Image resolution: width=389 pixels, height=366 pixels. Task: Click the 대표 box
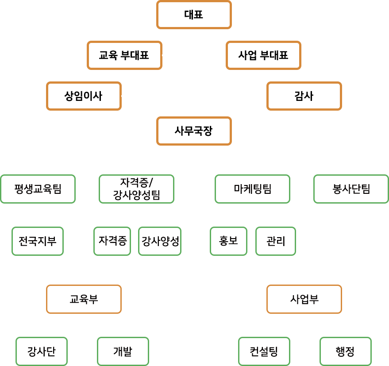[194, 15]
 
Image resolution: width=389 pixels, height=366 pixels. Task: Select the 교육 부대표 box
[124, 55]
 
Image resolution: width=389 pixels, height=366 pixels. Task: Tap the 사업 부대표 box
[263, 55]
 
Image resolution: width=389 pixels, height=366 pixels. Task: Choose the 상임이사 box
[84, 96]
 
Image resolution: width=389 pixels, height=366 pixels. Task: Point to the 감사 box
[304, 96]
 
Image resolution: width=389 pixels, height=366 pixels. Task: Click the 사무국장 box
[194, 131]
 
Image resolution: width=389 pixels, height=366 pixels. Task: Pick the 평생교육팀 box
[38, 189]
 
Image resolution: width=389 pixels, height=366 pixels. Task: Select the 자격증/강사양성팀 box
[136, 189]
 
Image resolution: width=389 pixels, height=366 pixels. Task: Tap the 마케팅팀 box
[252, 189]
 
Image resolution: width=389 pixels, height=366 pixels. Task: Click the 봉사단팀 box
[351, 189]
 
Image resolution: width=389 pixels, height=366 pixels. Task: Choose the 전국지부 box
[38, 241]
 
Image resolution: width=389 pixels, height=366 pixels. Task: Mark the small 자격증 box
[112, 241]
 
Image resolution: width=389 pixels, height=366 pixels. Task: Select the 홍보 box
[228, 241]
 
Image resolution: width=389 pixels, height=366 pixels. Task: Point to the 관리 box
[276, 241]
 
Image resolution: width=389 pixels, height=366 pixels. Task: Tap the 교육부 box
[84, 299]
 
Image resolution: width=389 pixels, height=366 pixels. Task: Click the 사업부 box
[304, 299]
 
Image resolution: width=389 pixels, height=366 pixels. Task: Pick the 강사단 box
[42, 351]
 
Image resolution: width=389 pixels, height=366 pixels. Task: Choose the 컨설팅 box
[264, 351]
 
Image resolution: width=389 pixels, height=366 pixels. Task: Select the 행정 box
[345, 351]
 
